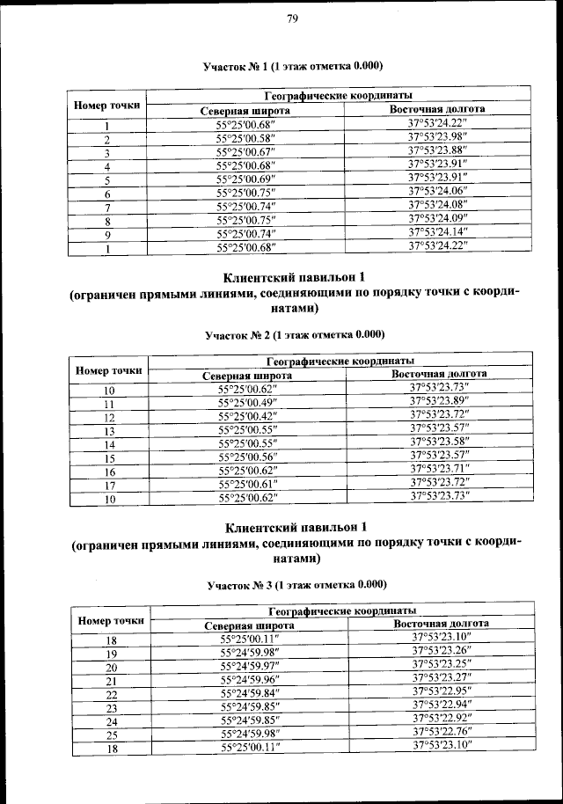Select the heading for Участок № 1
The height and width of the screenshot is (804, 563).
click(x=292, y=67)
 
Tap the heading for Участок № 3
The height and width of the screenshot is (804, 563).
click(x=296, y=584)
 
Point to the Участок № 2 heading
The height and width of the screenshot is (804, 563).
click(x=295, y=334)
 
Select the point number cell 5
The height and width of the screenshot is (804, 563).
click(x=106, y=179)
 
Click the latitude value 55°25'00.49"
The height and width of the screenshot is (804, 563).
click(x=247, y=402)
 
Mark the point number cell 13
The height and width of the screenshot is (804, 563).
click(x=110, y=432)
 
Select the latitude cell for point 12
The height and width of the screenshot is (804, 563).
click(x=247, y=416)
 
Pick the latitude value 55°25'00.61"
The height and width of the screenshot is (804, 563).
click(x=247, y=484)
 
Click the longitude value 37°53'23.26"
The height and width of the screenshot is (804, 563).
click(x=442, y=652)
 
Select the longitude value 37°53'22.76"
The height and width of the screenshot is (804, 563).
click(x=442, y=733)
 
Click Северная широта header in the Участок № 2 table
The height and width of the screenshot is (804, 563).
click(x=247, y=376)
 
